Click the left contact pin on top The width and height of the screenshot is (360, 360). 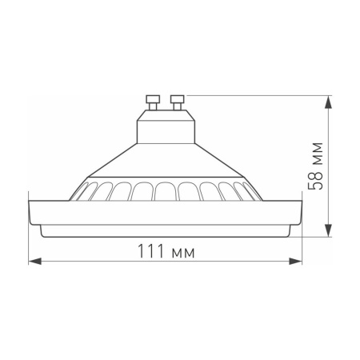[x=153, y=102]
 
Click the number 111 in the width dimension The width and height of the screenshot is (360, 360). [x=147, y=251]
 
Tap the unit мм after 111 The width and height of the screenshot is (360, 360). [x=183, y=252]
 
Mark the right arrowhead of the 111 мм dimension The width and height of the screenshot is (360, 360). [x=298, y=261]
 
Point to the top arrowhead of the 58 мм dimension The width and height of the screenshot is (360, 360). [x=329, y=100]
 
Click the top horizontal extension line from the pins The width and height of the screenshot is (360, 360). [x=256, y=95]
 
